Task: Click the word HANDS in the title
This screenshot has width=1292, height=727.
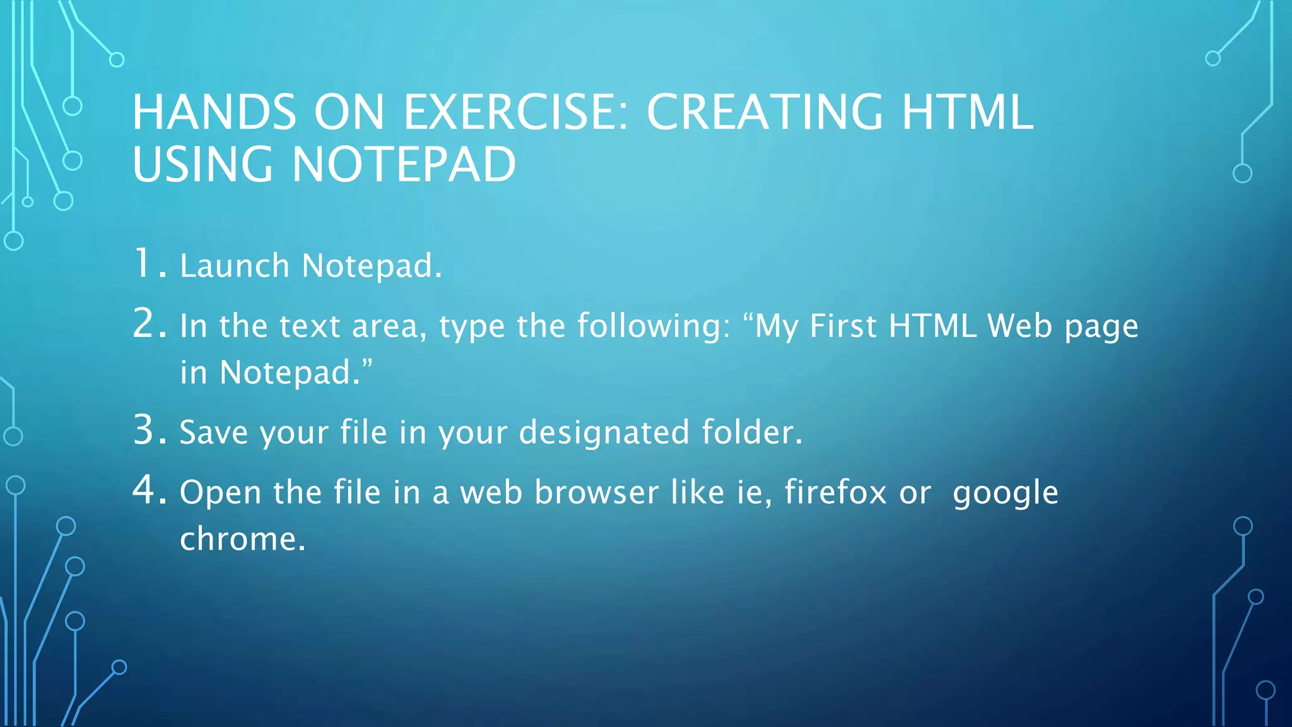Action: (214, 112)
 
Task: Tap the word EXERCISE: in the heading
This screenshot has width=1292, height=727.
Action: (516, 112)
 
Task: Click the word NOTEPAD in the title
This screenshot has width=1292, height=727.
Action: (404, 165)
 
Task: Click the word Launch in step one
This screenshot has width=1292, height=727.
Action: (234, 266)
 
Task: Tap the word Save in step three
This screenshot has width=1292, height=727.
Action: (213, 433)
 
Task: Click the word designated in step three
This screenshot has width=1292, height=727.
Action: (604, 433)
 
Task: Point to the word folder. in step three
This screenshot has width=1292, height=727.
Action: (752, 433)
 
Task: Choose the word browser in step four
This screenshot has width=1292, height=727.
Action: (596, 492)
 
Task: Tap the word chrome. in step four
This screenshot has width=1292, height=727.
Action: (243, 539)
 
